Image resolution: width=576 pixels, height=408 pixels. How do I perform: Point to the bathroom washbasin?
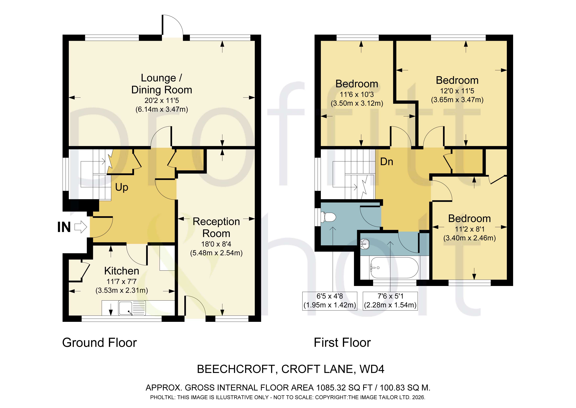click(365, 244)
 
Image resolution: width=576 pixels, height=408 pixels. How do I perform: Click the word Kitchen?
click(122, 271)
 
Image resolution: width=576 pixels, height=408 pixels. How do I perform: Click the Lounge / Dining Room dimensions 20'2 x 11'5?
click(162, 100)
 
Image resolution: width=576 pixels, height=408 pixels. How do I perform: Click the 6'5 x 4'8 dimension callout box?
click(330, 301)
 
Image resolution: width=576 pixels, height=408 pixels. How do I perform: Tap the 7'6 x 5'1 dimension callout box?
click(390, 301)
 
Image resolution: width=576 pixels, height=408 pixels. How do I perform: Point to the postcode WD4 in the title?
click(372, 369)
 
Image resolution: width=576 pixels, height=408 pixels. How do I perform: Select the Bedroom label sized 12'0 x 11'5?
click(457, 80)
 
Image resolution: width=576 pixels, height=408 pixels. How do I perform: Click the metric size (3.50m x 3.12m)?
click(357, 103)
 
